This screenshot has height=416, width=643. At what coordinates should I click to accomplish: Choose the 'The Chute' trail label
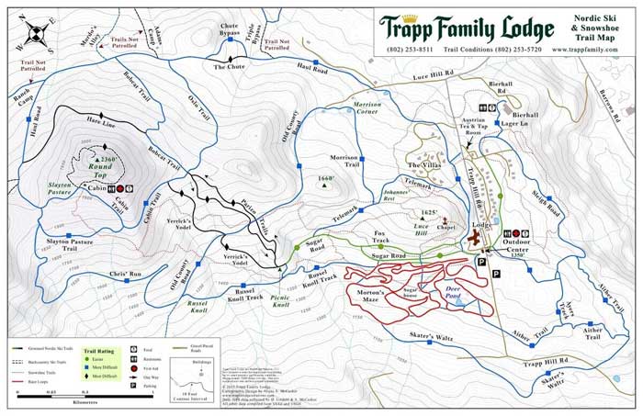[x=229, y=67]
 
